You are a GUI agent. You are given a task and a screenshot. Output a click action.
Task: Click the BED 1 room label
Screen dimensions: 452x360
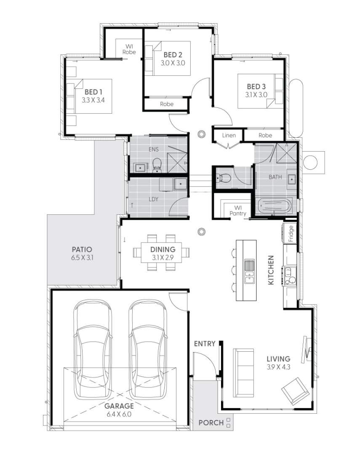[93, 92]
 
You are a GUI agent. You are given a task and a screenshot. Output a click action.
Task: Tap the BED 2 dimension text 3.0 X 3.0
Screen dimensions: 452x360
[173, 63]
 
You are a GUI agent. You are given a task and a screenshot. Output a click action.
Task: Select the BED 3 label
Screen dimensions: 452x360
[256, 87]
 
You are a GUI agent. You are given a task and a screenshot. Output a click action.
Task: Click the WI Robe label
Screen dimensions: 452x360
[129, 49]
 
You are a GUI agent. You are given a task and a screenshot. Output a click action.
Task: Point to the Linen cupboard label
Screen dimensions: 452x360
[229, 136]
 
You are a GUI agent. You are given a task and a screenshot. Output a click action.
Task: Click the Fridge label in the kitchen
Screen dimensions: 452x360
[291, 233]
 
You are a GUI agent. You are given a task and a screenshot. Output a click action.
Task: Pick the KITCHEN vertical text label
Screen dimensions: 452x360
[271, 270]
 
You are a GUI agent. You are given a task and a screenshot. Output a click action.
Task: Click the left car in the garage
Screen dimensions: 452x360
[93, 350]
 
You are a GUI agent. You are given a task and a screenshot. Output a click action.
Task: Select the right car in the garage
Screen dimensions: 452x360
[147, 350]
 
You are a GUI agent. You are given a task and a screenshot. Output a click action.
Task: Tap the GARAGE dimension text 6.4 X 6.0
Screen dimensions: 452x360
[120, 415]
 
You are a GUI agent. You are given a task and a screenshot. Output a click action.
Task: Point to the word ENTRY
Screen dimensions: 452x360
[205, 344]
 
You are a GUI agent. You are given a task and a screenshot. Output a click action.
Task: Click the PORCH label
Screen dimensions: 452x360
[211, 423]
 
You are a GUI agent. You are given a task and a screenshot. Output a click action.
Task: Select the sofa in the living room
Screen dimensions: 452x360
[244, 372]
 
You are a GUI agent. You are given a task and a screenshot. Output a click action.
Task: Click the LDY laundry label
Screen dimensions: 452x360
[153, 199]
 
